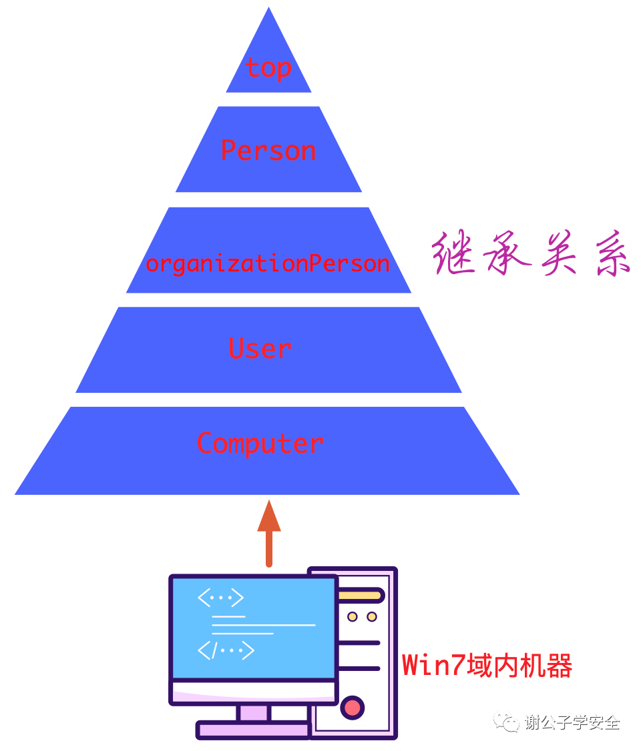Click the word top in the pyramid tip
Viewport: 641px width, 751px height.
coord(268,68)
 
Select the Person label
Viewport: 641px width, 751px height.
coord(268,151)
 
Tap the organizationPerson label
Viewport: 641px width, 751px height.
coord(268,263)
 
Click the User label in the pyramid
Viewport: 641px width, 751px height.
coord(260,348)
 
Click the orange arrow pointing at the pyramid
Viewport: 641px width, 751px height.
coord(268,534)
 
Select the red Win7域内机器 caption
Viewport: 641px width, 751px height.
coord(487,666)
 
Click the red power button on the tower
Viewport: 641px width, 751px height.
coord(353,707)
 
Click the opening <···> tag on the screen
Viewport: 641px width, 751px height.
coord(220,598)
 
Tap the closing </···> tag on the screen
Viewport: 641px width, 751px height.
coord(226,650)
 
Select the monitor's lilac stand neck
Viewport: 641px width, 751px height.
coord(254,712)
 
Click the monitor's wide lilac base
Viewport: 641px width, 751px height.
coord(254,730)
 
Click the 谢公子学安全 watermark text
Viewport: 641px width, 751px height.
coord(572,722)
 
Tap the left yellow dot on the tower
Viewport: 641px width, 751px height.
coord(353,617)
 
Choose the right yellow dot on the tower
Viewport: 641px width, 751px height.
coord(372,617)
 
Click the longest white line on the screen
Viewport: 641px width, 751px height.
coord(263,625)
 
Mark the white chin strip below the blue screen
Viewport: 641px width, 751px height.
coord(254,688)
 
